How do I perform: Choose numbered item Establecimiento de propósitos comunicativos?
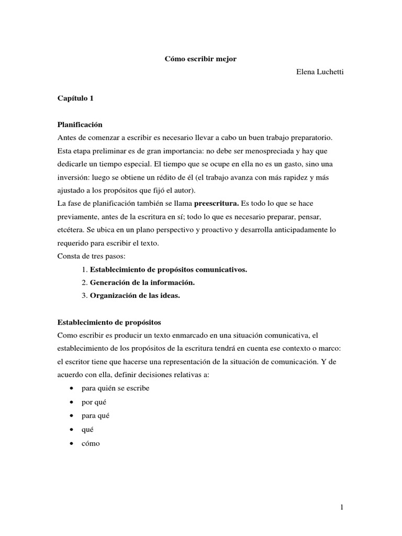pos(168,269)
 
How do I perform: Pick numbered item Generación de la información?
pos(142,282)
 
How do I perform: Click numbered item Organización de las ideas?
pos(135,295)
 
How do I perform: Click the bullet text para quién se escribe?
pos(115,388)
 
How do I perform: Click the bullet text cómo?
pos(91,443)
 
